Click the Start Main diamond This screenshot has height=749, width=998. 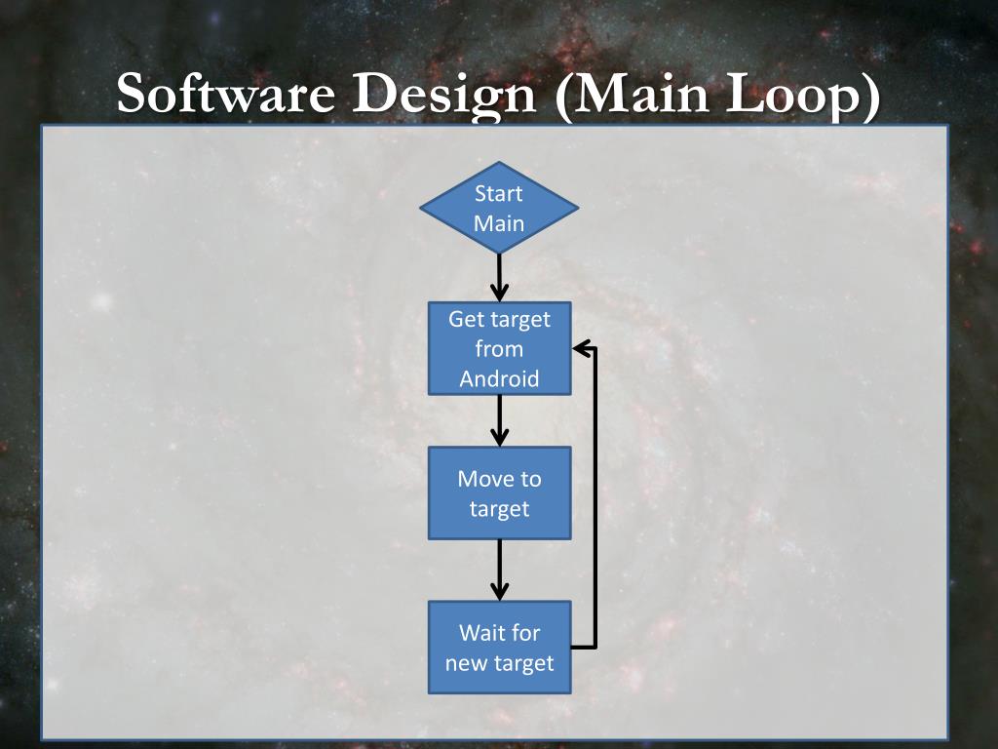point(499,208)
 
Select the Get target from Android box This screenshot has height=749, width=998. point(499,348)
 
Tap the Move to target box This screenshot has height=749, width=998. point(499,493)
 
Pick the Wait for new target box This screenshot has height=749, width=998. point(499,647)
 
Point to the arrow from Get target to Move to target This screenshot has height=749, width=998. point(499,420)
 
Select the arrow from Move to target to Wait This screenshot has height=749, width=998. point(499,571)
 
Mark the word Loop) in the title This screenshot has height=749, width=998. point(808,97)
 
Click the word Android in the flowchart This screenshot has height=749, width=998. point(499,378)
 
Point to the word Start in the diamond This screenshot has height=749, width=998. point(499,193)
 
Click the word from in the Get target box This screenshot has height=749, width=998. point(499,349)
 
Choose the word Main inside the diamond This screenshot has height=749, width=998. point(499,223)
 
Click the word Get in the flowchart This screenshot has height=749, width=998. point(465,319)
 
